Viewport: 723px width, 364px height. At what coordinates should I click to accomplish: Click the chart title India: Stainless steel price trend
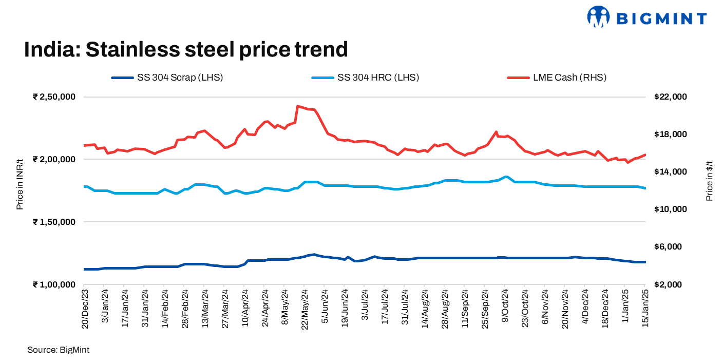[x=186, y=50]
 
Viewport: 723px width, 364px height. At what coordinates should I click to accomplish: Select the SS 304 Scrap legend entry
[x=167, y=78]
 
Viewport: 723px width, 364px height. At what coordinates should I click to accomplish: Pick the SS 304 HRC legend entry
[x=365, y=78]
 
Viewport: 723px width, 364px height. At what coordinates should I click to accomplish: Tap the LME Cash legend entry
[x=557, y=78]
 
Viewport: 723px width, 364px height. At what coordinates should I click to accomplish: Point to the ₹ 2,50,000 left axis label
[x=54, y=97]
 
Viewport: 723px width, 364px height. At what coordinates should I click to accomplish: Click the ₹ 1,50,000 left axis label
[x=54, y=222]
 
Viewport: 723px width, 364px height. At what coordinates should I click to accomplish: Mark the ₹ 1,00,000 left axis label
[x=54, y=284]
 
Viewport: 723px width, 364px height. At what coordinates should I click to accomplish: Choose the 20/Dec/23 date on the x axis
[x=85, y=309]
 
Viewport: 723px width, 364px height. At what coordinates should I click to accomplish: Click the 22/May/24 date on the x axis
[x=305, y=309]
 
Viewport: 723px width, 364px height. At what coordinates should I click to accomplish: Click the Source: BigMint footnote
[x=59, y=350]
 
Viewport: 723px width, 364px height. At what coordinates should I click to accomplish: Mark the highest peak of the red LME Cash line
[x=298, y=106]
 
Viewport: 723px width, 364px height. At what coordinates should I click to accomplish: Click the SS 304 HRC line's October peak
[x=506, y=177]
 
